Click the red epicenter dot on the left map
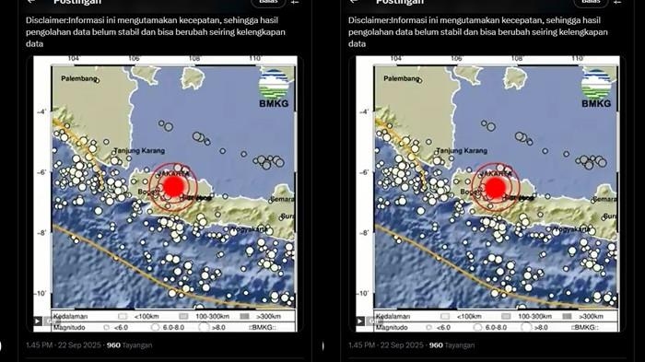tap(173, 187)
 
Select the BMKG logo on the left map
tap(274, 88)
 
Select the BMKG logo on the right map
tap(596, 88)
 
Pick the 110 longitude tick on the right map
tap(577, 60)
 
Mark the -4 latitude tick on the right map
tap(364, 112)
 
